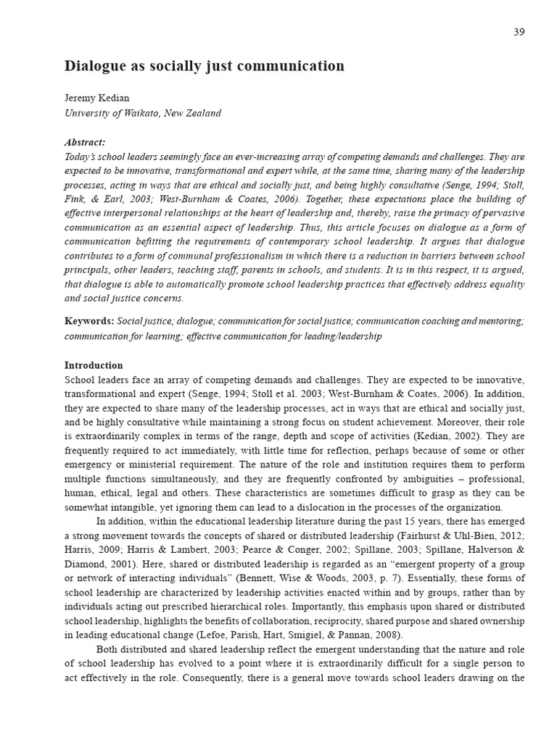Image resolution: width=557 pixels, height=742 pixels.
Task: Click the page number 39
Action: click(x=519, y=31)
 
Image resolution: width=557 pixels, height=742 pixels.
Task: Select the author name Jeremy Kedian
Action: click(x=98, y=98)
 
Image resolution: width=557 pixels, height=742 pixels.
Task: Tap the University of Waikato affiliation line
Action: click(x=142, y=113)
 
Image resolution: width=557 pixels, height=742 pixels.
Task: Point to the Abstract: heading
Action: click(x=85, y=142)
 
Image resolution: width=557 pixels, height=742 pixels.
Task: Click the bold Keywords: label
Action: click(x=88, y=320)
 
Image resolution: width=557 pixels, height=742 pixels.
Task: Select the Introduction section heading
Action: click(x=94, y=365)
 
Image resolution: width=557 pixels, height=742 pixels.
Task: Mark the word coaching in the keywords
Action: click(x=441, y=320)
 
